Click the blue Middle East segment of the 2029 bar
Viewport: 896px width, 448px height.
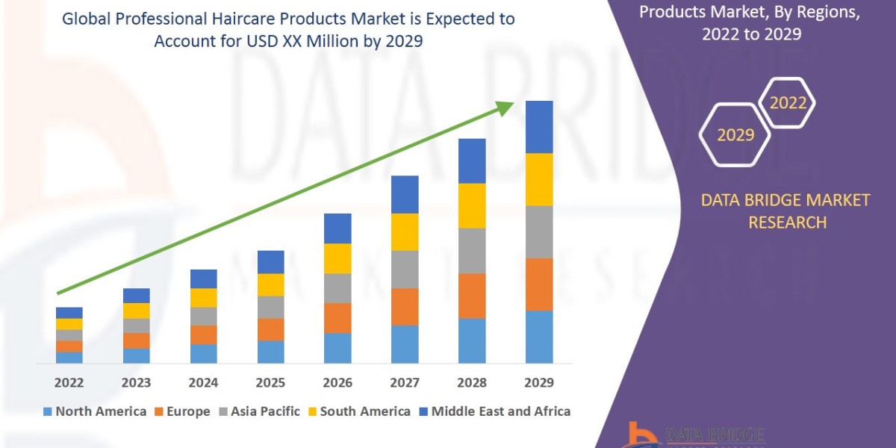click(539, 127)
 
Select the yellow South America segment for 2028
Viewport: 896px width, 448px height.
click(472, 205)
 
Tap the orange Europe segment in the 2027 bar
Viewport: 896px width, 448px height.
click(405, 306)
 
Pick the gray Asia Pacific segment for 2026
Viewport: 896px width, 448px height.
click(337, 287)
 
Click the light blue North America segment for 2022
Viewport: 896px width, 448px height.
click(69, 357)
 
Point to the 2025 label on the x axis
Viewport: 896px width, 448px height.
click(270, 383)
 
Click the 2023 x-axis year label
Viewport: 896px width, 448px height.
click(136, 383)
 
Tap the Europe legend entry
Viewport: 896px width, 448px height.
click(182, 411)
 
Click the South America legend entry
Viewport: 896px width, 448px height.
click(358, 411)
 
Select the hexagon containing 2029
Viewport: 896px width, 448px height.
click(735, 135)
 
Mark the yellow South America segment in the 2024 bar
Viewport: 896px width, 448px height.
click(203, 297)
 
